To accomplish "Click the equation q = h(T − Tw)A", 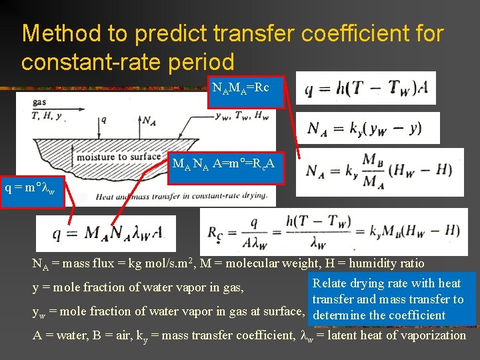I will point(369,88).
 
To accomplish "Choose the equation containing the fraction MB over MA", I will point(378,171).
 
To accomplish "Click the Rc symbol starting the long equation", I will point(216,231).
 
